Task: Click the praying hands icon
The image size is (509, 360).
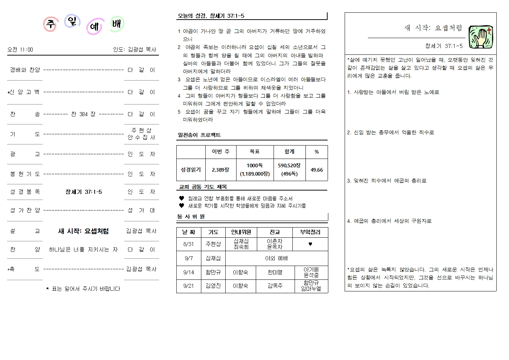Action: tap(481, 37)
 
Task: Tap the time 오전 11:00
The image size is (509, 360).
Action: tap(20, 49)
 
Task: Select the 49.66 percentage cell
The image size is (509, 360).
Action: tap(316, 170)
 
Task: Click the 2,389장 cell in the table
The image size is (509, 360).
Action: tap(221, 170)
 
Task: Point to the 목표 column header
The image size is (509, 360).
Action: tap(254, 152)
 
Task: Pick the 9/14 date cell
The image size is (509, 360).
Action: tap(189, 273)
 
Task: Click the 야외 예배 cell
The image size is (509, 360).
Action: tap(276, 258)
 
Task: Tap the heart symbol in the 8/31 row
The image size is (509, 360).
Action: tap(310, 244)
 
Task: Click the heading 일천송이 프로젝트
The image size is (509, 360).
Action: tap(199, 135)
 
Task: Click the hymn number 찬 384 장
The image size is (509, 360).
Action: tap(83, 114)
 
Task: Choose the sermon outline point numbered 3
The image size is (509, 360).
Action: tap(386, 180)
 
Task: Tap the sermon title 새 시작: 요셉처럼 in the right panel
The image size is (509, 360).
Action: tap(433, 28)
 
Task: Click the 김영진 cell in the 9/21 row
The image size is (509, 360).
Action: tap(213, 286)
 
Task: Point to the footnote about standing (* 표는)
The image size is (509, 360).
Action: tap(83, 289)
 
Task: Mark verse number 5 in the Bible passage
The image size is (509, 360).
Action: tap(179, 112)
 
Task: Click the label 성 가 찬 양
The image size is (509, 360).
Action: tap(25, 210)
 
